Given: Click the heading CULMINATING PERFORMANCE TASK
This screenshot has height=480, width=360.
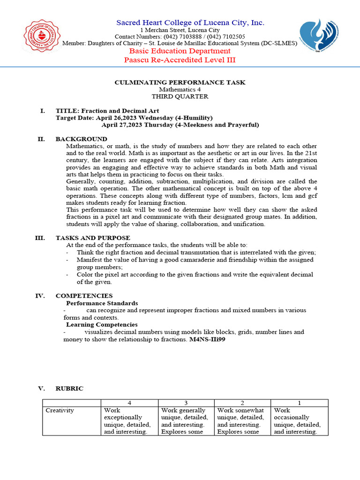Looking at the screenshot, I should click(180, 82).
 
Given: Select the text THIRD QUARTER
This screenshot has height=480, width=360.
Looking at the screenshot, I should click(180, 97).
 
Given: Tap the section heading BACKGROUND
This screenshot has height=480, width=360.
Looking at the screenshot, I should click(81, 139).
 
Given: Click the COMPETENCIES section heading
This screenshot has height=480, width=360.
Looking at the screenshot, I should click(84, 296).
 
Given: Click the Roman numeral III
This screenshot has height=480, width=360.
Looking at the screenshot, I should click(40, 238).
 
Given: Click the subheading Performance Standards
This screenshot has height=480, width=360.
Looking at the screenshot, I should click(102, 303).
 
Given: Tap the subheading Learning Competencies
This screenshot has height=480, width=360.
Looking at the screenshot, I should click(102, 324).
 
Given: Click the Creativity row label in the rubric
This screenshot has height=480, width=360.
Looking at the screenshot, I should click(60, 411).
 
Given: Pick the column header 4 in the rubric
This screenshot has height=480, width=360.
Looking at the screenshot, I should click(129, 403).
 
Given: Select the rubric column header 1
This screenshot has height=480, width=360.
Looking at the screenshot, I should click(300, 403).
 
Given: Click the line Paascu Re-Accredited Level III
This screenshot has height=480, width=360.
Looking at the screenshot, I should click(180, 60).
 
